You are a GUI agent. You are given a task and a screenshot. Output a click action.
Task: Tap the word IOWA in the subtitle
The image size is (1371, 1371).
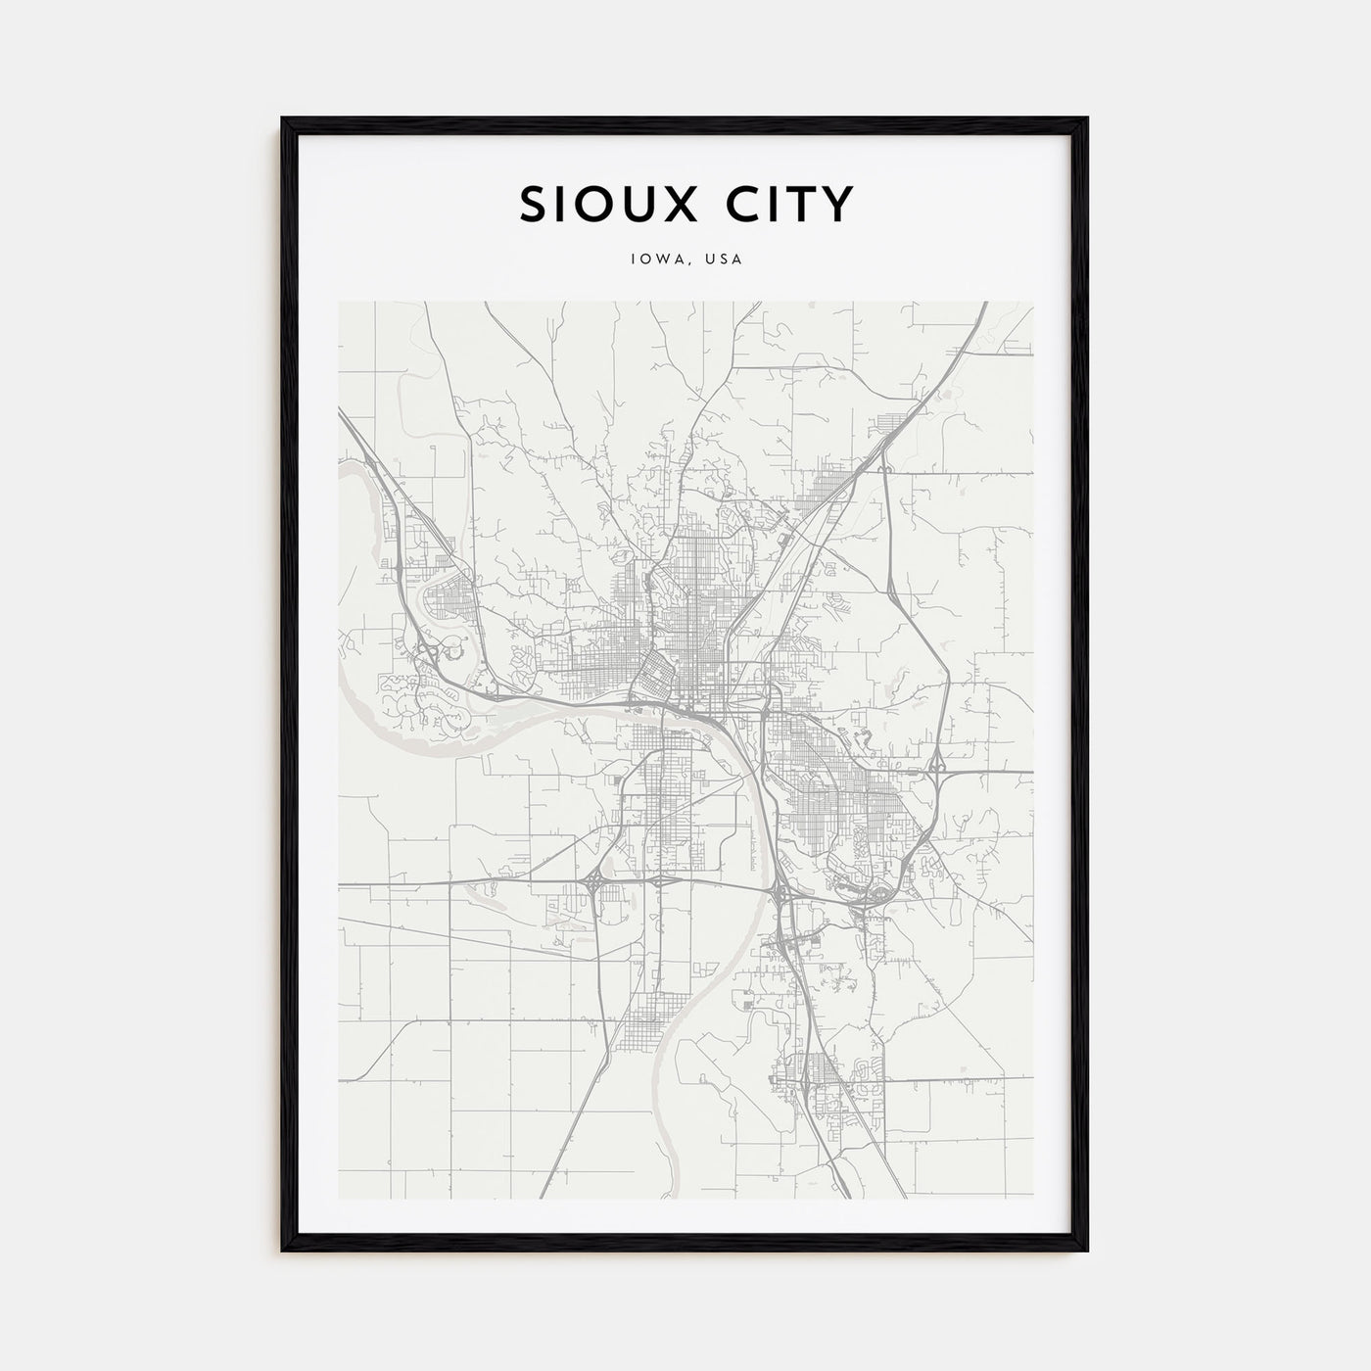[x=655, y=260]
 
